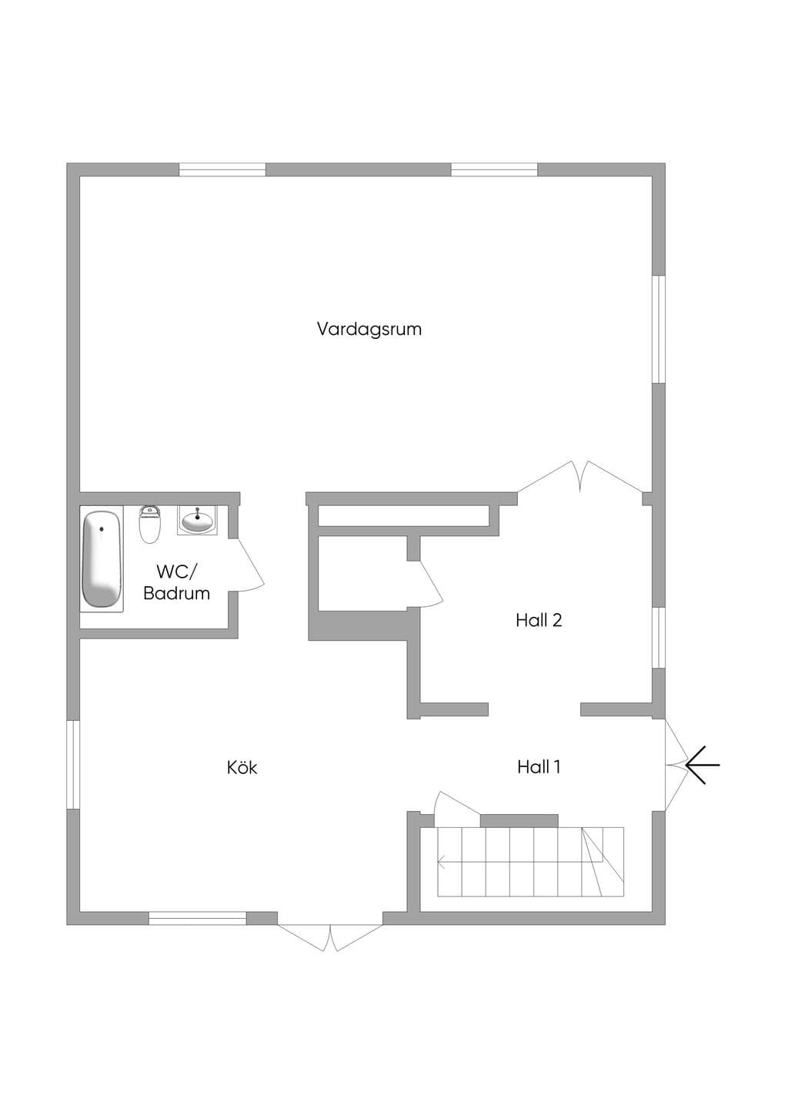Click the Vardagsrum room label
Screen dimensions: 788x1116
(369, 330)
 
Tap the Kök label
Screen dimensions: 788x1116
(242, 767)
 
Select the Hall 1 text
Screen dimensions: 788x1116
(539, 767)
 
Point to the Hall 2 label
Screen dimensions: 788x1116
(539, 620)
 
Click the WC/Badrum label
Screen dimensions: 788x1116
(176, 582)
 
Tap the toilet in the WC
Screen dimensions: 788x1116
(150, 524)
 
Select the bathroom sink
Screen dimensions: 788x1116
(198, 520)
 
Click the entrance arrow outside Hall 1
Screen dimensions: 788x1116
(703, 765)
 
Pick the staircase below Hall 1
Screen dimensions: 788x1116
(530, 861)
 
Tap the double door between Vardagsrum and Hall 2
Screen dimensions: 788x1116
(580, 477)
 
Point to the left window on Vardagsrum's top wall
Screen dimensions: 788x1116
(222, 169)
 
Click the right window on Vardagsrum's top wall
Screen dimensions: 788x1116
(494, 169)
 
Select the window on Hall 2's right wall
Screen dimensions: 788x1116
(659, 637)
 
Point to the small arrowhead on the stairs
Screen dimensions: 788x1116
(441, 860)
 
